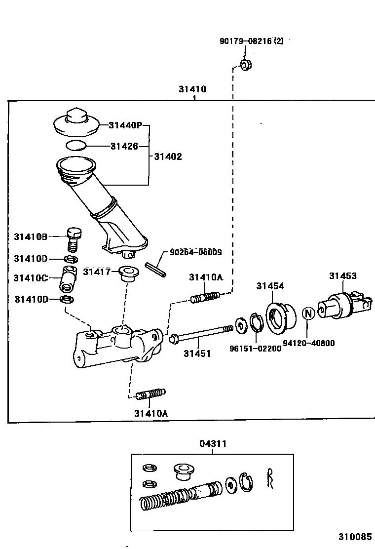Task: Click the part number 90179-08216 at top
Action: (251, 42)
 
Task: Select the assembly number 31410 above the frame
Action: (192, 90)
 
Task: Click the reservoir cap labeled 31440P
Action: (75, 123)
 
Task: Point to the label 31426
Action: (124, 146)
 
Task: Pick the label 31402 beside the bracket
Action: (168, 157)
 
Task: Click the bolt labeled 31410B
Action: (74, 238)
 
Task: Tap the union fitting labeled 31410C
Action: (68, 279)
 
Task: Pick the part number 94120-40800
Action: (309, 343)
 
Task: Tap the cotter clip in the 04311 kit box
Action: (270, 478)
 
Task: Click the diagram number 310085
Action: (354, 537)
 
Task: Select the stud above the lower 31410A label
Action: (150, 394)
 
